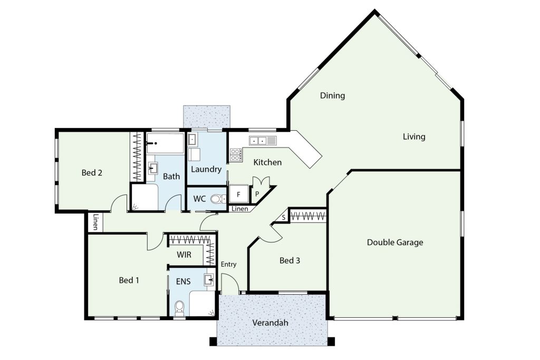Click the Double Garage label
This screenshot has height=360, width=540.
(x=394, y=242)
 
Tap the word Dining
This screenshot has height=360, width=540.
(x=332, y=95)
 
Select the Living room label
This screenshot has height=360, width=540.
(x=414, y=137)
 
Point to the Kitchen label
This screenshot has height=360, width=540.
(x=267, y=162)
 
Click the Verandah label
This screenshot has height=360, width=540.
(x=270, y=323)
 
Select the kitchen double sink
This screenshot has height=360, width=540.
(x=263, y=140)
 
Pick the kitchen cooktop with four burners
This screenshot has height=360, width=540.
(x=236, y=154)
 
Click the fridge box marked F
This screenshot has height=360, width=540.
(x=239, y=195)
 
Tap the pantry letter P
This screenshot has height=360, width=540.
(x=257, y=194)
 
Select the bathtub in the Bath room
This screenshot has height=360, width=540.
(x=165, y=143)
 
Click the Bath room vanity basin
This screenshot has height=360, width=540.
(x=152, y=168)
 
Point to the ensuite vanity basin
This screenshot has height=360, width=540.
(x=209, y=280)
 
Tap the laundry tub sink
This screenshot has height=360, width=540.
(x=192, y=140)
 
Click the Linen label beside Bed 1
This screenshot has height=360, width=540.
(x=95, y=222)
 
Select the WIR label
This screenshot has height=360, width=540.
(x=184, y=255)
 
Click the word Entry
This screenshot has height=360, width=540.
(x=229, y=264)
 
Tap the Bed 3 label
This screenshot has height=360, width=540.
(x=290, y=260)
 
